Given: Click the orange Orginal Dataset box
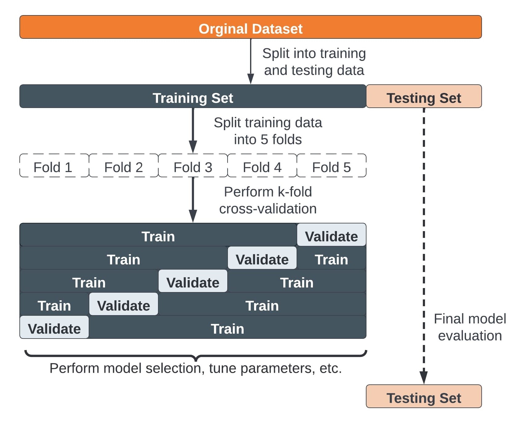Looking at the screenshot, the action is [250, 27].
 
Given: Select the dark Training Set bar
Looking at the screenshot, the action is [193, 96].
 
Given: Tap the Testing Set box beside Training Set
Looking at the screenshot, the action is [424, 96].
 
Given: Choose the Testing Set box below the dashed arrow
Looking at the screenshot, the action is [424, 396].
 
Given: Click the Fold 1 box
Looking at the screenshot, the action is [54, 166].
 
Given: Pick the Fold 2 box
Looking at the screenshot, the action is [123, 166].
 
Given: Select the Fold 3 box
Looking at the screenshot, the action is [193, 166].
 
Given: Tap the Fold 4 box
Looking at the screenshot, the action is [262, 166].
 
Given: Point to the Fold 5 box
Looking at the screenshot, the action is [331, 166].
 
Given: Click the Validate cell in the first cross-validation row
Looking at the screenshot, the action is [331, 235].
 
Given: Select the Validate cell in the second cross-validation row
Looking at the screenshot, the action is [262, 258].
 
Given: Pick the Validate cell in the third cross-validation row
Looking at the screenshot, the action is [193, 281].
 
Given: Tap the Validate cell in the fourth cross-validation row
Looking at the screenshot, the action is [123, 304].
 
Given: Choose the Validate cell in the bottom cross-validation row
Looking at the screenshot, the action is [54, 327].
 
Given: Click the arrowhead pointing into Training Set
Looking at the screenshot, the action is [251, 79].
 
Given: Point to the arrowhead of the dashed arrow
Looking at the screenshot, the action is [424, 378].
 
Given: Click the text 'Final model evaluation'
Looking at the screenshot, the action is [470, 327].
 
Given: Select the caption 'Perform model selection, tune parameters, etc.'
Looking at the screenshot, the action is [196, 368].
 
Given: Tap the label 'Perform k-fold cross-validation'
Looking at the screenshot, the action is [268, 200].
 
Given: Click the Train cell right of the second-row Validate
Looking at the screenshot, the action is [331, 258].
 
